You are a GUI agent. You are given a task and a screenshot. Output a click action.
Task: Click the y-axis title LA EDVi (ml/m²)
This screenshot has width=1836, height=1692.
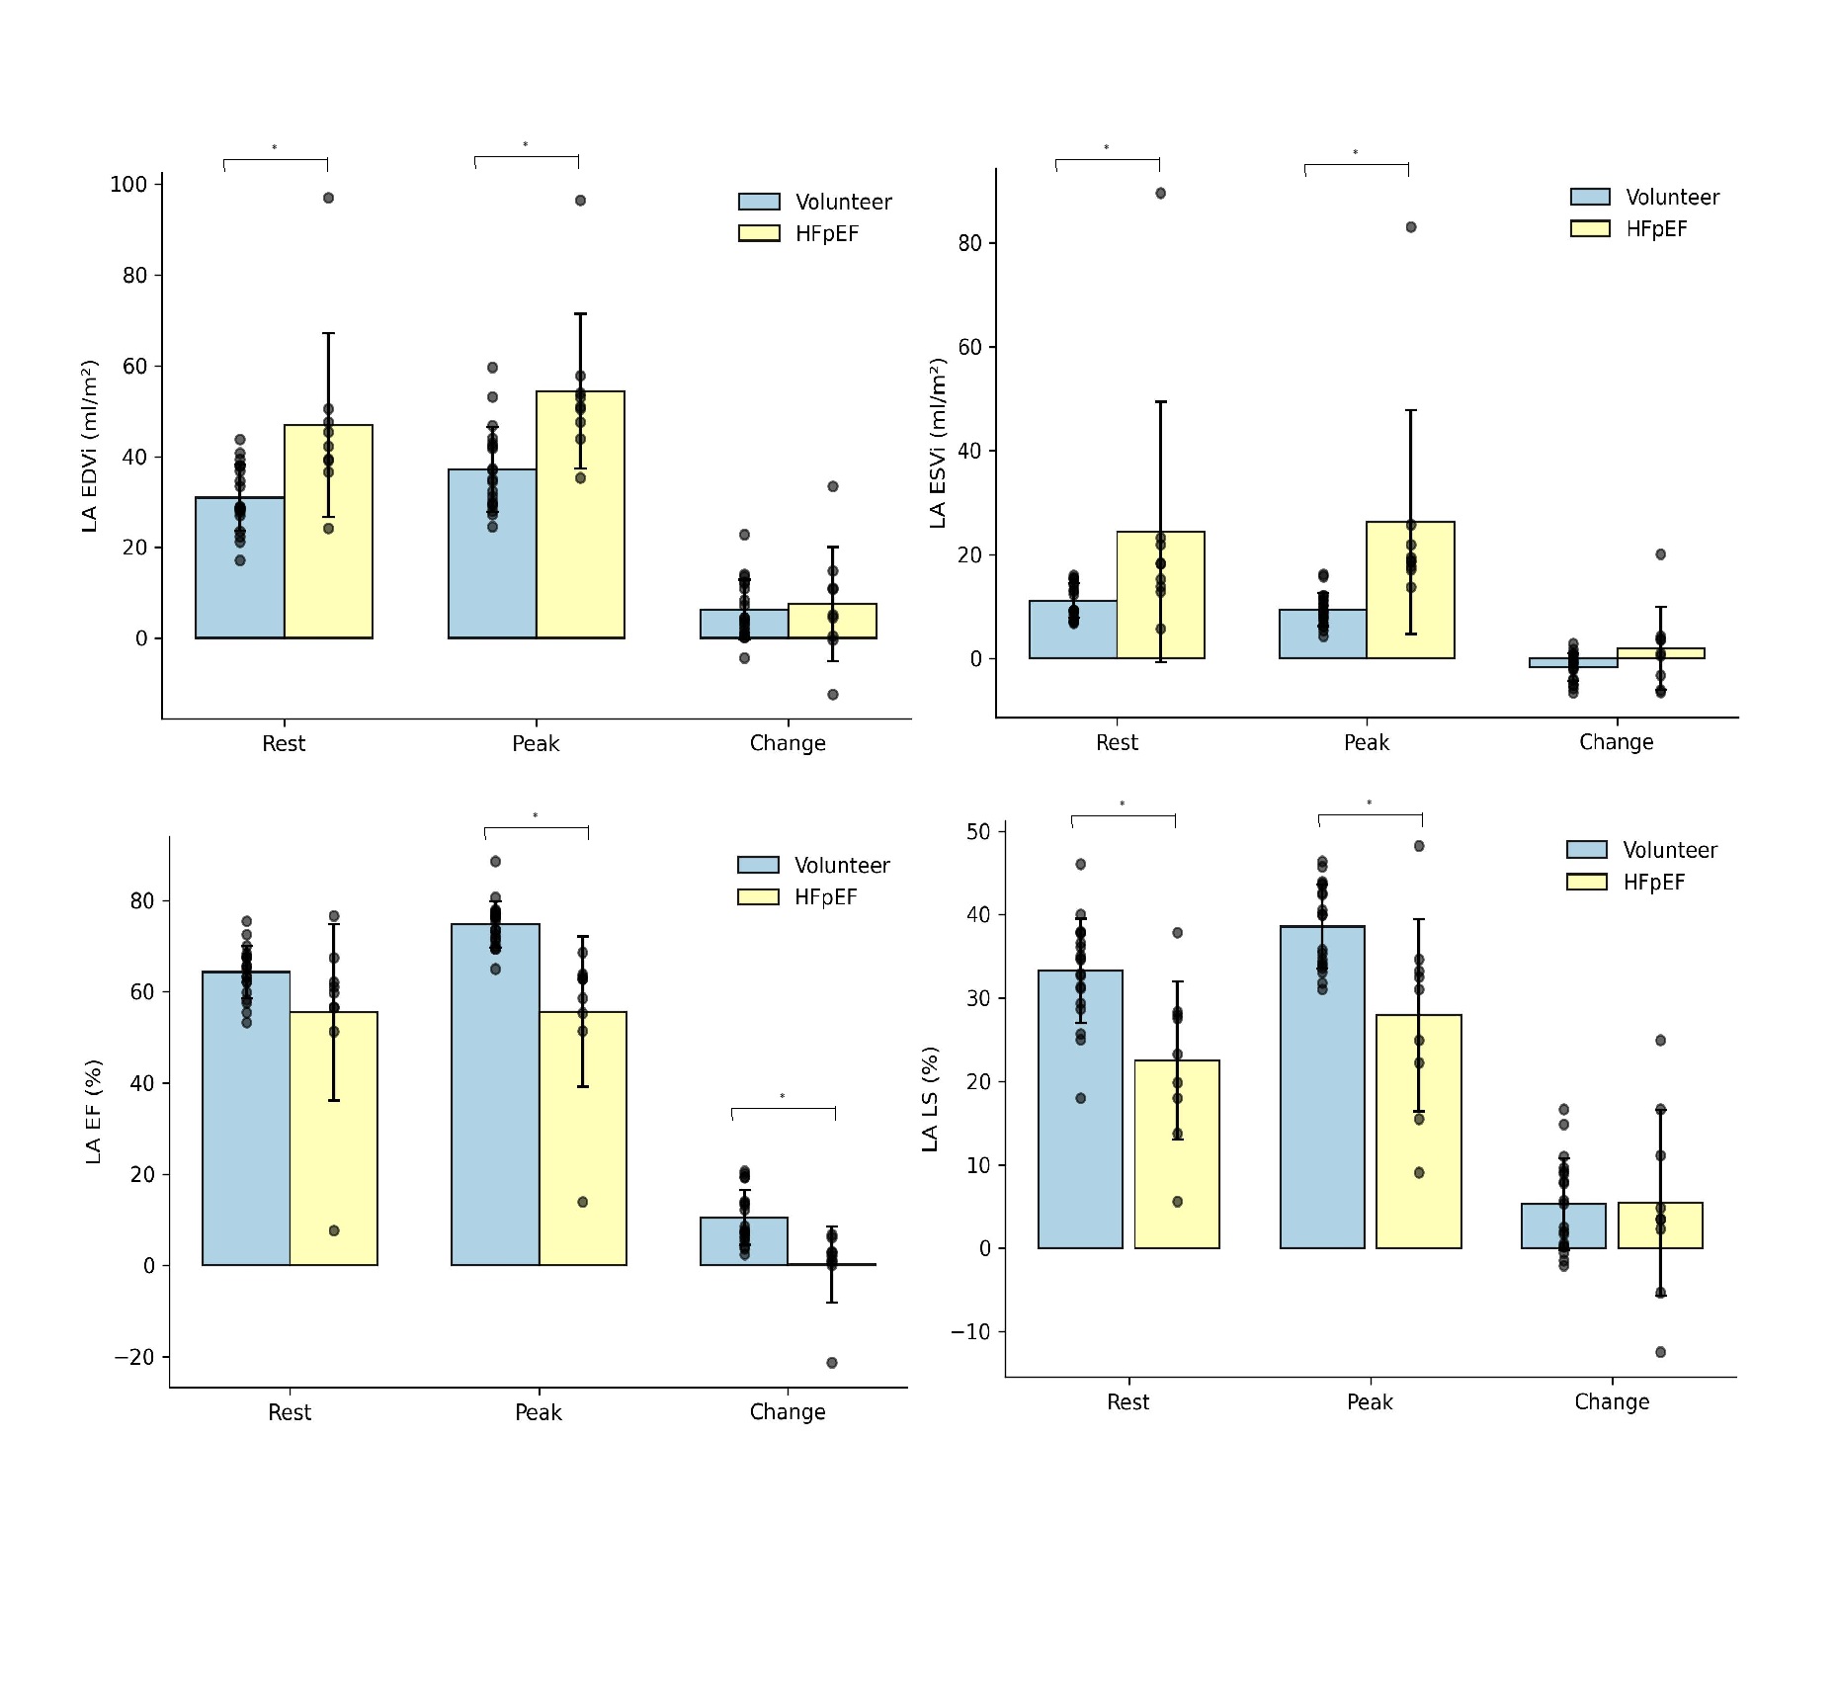[x=90, y=446]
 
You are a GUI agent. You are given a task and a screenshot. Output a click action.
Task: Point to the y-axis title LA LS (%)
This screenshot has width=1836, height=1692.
[x=930, y=1098]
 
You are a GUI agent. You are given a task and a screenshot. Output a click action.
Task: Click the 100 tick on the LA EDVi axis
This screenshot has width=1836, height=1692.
[x=128, y=185]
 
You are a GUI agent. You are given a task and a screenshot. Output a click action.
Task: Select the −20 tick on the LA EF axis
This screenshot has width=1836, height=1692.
[x=134, y=1357]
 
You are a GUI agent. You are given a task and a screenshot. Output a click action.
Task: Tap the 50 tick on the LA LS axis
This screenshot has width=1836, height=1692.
[x=978, y=832]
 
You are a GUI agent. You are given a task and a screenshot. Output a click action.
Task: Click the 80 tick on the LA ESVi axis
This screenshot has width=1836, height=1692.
[x=969, y=243]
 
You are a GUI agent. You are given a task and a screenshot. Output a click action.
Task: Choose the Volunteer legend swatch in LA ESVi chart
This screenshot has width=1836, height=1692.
[x=1590, y=198]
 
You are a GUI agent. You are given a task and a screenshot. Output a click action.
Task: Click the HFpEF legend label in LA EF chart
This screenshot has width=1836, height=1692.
[x=826, y=897]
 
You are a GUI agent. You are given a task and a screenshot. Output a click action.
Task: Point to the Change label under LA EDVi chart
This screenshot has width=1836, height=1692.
[x=788, y=743]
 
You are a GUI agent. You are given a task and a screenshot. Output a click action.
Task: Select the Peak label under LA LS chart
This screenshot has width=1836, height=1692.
[x=1370, y=1401]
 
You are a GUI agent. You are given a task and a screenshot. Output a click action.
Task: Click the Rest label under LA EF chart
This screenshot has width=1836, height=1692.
[x=290, y=1412]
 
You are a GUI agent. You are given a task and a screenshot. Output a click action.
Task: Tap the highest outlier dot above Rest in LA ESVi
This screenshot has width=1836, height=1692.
[x=1160, y=194]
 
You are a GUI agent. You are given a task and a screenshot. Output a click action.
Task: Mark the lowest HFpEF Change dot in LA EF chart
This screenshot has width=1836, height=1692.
[x=832, y=1363]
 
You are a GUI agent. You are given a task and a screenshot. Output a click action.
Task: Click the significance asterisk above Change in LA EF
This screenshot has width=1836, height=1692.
[x=783, y=1096]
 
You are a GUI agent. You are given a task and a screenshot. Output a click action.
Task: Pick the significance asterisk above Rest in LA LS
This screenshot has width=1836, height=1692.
[x=1123, y=804]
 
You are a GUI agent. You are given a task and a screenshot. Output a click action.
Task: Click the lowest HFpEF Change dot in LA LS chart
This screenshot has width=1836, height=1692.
[x=1660, y=1352]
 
